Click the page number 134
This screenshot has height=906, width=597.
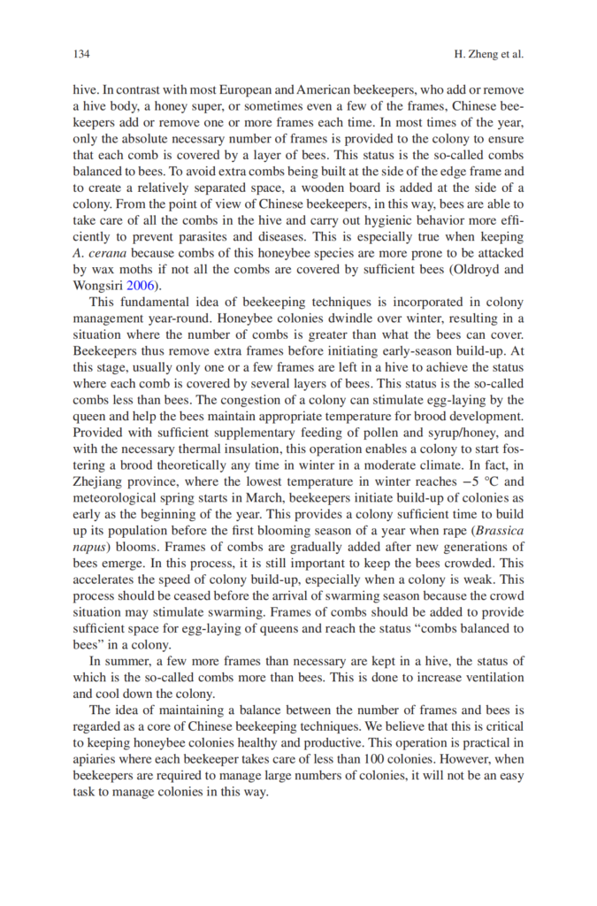[81, 54]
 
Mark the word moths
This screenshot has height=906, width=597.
[127, 270]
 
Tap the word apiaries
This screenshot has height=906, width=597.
[96, 761]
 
